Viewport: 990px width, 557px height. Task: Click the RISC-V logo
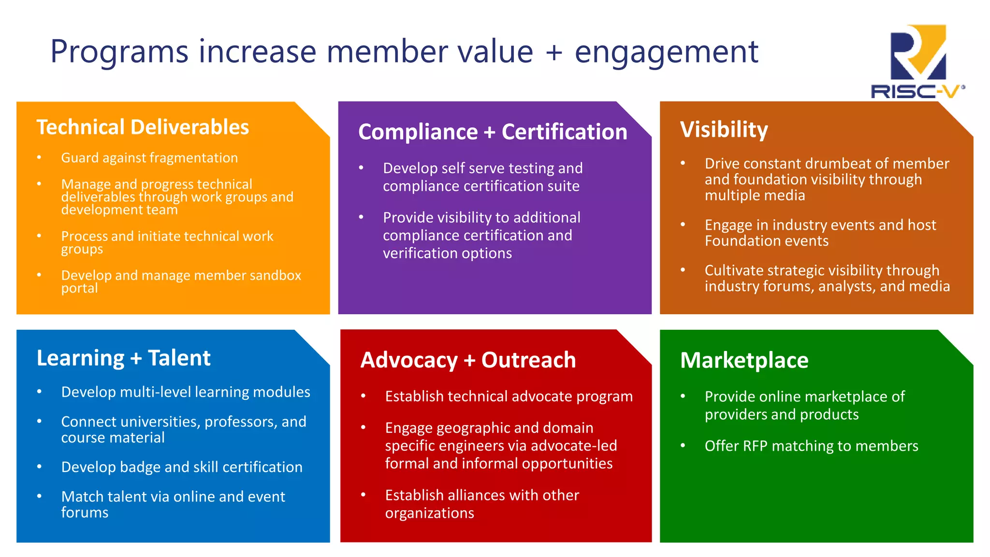pos(917,61)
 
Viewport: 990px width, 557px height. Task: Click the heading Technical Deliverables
pos(143,127)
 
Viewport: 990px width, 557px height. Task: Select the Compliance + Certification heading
pos(493,132)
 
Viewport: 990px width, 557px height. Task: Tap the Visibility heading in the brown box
pos(724,130)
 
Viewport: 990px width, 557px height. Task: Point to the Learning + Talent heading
pos(123,358)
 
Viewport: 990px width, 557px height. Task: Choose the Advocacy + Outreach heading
pos(468,360)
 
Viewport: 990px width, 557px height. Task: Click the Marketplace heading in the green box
pos(744,360)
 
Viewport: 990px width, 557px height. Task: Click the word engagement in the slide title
pos(666,52)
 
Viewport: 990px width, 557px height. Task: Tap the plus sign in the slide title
pos(554,53)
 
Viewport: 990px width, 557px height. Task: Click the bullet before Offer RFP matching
pos(683,445)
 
